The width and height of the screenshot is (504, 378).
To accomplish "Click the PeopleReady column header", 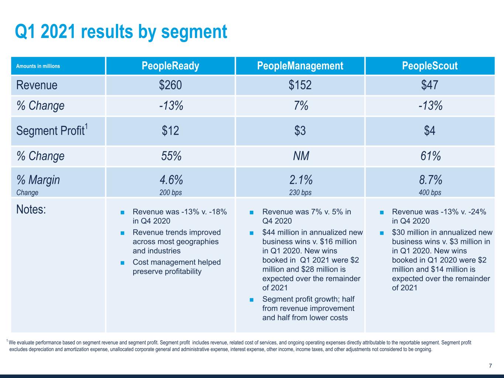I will coord(170,66).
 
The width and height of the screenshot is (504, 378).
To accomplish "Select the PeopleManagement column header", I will coord(300,66).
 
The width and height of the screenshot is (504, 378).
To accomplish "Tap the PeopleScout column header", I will coord(429,66).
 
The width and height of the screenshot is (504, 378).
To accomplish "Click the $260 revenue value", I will coord(170,85).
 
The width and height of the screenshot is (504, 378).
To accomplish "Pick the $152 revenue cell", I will coord(300,85).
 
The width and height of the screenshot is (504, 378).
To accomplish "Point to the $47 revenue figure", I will coord(429,85).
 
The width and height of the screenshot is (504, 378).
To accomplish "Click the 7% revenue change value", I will coord(301,106).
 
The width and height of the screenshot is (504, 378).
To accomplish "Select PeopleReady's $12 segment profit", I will coord(170,131).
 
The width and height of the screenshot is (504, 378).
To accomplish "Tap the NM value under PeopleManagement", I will coord(301,156).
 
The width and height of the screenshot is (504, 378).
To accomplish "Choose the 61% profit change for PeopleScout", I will coord(430,156).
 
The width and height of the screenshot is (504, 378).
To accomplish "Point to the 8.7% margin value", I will coord(430,180).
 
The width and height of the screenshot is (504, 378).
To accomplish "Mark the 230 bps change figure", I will coord(300,192).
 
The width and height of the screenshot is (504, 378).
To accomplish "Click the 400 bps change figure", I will coord(430,192).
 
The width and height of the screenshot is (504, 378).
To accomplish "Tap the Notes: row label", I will coord(31,210).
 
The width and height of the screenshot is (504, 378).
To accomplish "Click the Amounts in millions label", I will coord(38,66).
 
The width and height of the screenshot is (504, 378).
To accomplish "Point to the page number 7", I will coord(490,366).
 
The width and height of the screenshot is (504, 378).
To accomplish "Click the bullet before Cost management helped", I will coord(122,263).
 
